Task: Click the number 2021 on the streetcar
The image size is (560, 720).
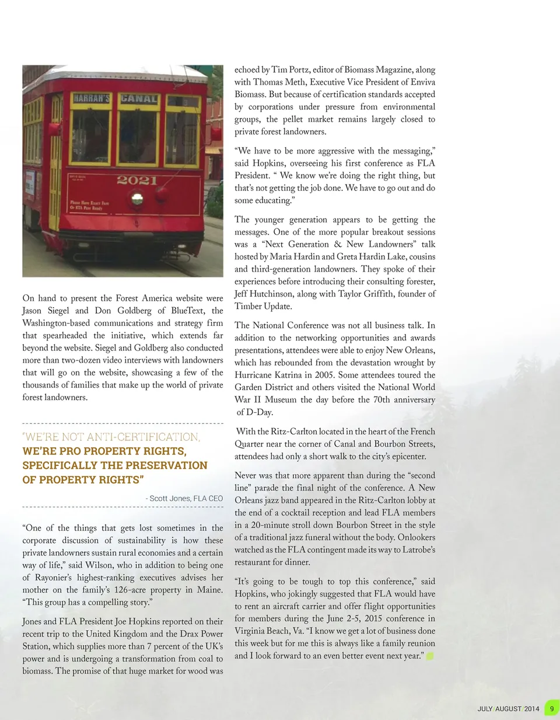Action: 136,180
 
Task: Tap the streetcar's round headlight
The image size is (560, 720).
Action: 138,199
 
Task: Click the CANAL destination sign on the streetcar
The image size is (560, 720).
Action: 139,99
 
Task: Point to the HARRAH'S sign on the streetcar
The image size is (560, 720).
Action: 92,99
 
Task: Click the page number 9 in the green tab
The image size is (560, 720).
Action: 551,709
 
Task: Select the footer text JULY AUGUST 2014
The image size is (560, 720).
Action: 508,709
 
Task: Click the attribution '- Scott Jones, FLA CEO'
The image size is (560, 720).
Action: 184,498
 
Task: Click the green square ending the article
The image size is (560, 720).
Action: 430,656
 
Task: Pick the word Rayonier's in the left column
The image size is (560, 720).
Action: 54,578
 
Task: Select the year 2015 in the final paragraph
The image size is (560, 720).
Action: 373,618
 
